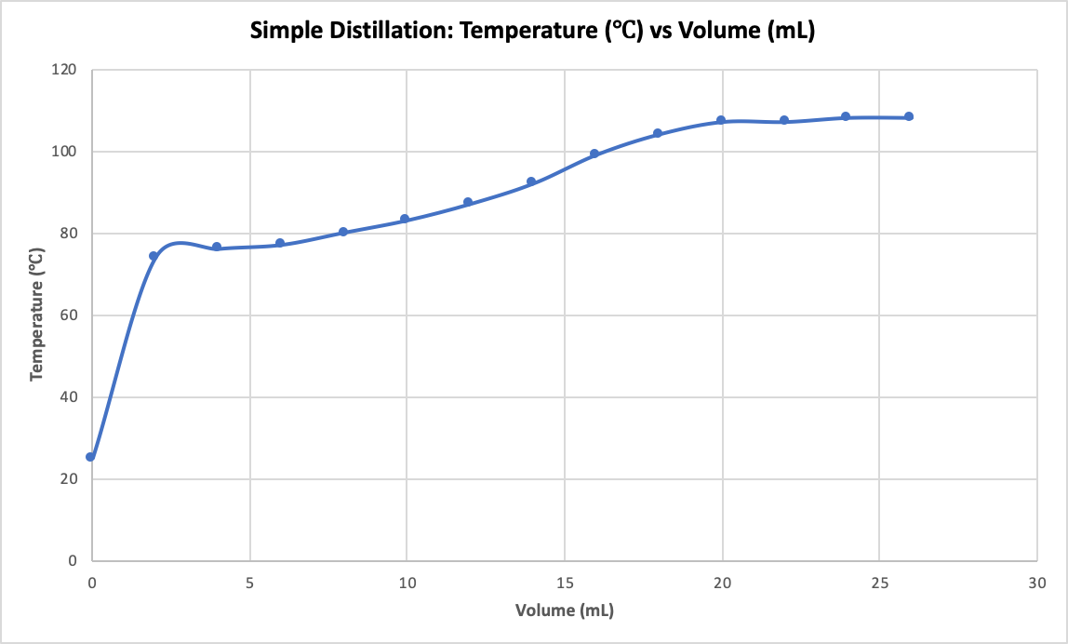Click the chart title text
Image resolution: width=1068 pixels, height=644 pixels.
click(x=533, y=31)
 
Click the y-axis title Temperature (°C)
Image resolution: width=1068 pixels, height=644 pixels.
click(x=36, y=315)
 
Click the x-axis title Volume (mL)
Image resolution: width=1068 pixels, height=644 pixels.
click(x=565, y=611)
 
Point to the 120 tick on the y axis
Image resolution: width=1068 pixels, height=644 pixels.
click(x=65, y=70)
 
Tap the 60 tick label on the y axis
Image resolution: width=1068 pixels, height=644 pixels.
click(x=69, y=315)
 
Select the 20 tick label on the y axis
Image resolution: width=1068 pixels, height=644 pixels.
click(x=69, y=479)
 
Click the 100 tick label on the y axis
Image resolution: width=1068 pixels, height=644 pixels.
click(x=65, y=152)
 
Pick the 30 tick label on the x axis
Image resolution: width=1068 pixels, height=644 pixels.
click(x=1036, y=583)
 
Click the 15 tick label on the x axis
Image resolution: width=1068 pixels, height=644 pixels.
click(x=564, y=583)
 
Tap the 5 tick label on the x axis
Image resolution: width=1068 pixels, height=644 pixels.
click(x=249, y=583)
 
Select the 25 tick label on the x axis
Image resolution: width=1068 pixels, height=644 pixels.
click(x=879, y=583)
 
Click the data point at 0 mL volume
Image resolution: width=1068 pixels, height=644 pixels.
click(x=90, y=457)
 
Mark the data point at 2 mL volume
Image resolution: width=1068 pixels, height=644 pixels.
click(x=154, y=256)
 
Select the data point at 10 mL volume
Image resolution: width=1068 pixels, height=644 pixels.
click(x=405, y=219)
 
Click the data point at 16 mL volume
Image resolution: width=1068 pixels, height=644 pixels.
click(x=594, y=154)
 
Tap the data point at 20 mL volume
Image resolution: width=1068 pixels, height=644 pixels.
click(x=721, y=120)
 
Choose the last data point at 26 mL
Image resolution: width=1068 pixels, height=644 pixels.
click(x=909, y=116)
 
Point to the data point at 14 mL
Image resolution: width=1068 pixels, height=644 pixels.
click(x=531, y=181)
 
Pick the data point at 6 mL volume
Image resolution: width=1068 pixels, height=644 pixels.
click(x=280, y=243)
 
